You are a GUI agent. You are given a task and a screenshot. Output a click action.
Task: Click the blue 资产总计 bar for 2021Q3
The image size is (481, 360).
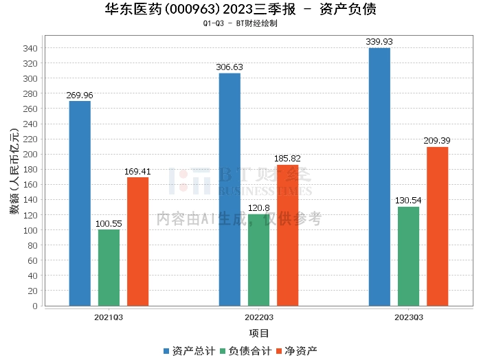pos(80,203)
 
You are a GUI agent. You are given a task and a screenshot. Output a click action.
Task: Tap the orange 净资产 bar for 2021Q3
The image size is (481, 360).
pos(137,241)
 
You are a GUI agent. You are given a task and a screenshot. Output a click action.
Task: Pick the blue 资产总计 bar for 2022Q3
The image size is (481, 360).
pos(230,190)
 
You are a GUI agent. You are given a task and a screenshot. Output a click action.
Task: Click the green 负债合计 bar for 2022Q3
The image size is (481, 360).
pos(258,260)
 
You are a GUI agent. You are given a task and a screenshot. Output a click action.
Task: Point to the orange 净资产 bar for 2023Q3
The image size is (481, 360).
pos(437,226)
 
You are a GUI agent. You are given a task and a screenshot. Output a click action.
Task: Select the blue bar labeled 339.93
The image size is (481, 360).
pos(379,177)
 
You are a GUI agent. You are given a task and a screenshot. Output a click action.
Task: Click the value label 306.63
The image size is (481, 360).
pos(230,67)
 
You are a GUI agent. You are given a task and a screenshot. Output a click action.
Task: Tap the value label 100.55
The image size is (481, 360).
pos(109,224)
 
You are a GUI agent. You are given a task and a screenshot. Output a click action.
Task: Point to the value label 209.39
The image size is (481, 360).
pos(437,141)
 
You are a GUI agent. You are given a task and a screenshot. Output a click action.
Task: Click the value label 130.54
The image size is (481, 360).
pos(408,201)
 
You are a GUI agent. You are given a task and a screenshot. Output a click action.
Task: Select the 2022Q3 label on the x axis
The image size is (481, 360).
pos(258,317)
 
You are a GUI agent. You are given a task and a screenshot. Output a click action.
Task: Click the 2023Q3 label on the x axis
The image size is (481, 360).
pos(408,317)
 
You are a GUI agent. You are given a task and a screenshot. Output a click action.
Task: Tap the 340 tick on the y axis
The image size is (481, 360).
pos(31,48)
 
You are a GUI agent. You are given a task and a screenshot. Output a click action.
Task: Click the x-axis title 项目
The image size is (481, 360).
pos(258,333)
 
